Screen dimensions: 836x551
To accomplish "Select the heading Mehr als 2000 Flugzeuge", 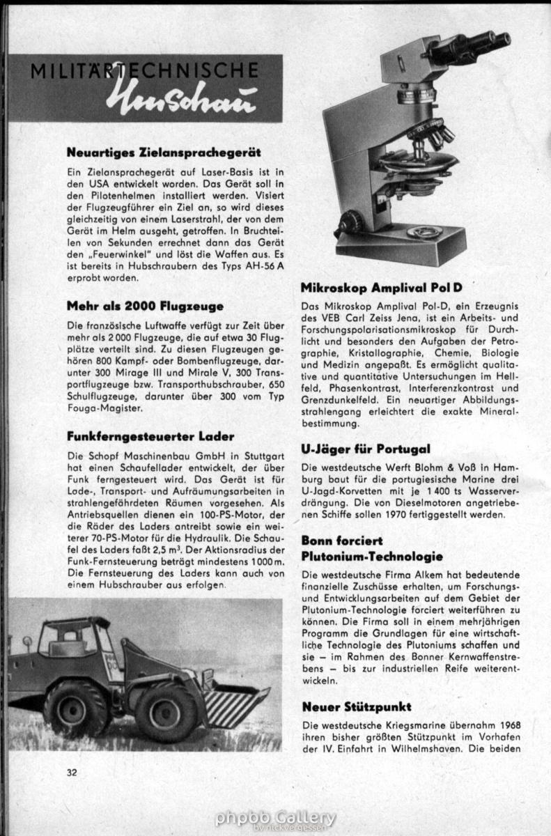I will tap(145, 305).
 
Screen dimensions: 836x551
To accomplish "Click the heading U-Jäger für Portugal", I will tap(366, 449).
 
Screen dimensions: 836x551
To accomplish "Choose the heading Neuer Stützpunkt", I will tap(356, 706).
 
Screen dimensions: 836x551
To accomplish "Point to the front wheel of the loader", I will tap(166, 712).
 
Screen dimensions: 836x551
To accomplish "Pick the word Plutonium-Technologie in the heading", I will tap(372, 556).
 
